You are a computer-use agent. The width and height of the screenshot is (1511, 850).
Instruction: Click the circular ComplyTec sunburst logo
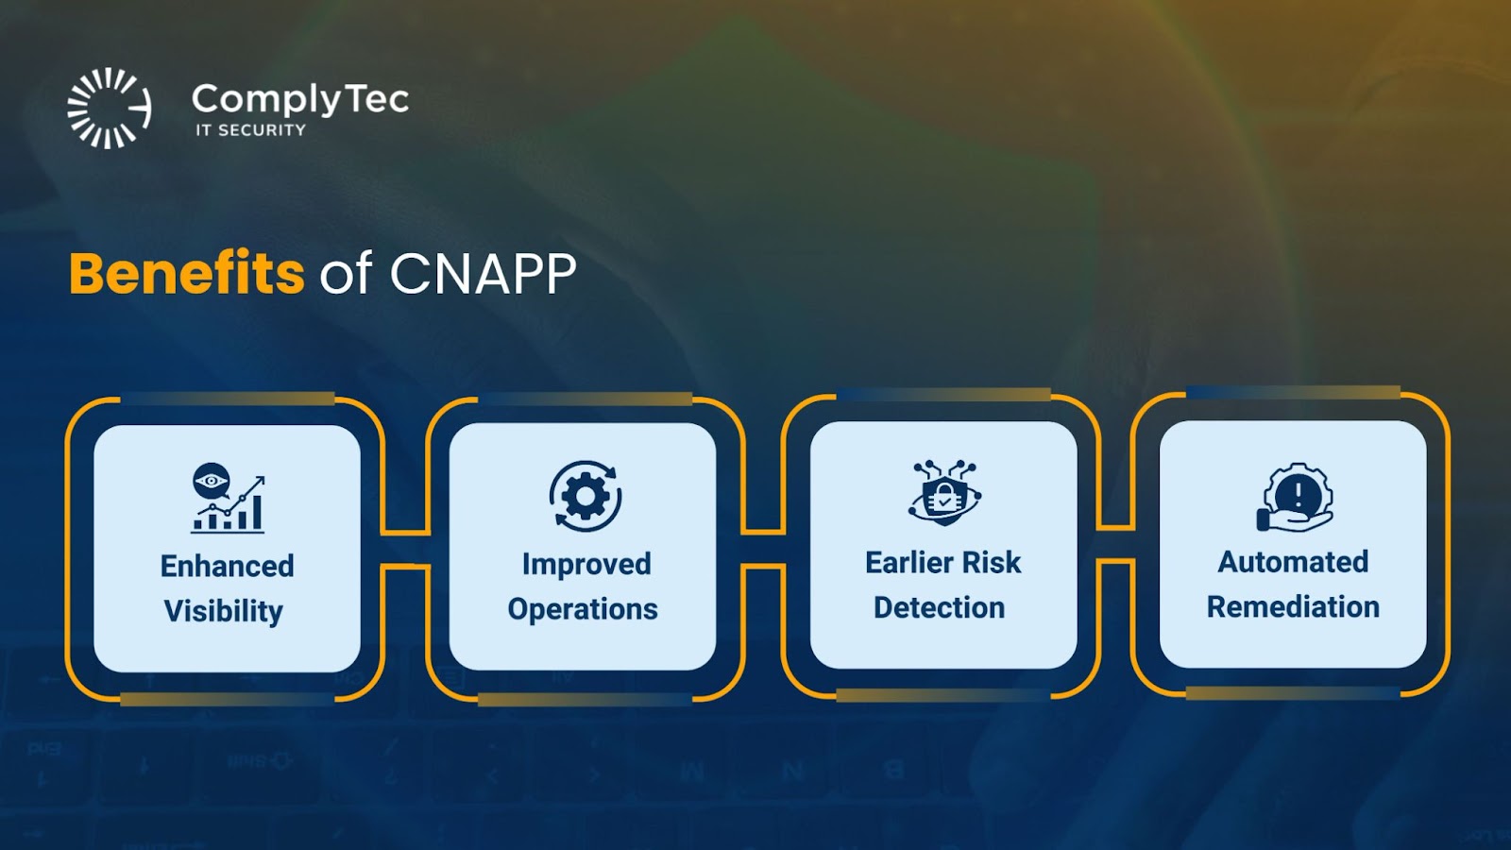tap(110, 108)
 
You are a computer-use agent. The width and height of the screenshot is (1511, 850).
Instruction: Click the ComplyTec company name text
tap(300, 100)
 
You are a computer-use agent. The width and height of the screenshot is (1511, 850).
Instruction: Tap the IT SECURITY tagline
tap(251, 130)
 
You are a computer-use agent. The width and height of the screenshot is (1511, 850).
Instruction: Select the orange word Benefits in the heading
tap(187, 273)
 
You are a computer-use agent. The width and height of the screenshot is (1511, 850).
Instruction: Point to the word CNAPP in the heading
tap(483, 273)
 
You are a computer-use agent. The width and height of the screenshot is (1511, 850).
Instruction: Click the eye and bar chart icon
tap(228, 498)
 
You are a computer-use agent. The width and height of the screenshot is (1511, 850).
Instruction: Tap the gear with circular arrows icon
tap(586, 497)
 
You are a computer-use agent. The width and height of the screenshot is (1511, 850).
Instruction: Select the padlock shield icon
tap(943, 493)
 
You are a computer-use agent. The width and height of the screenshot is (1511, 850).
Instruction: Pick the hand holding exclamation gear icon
tap(1295, 497)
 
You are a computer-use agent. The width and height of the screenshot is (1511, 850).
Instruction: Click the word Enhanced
tap(228, 566)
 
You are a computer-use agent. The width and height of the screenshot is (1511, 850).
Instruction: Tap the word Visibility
tap(224, 611)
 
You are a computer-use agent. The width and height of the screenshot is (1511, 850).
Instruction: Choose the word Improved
tap(586, 565)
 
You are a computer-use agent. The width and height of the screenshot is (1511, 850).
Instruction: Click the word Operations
tap(583, 609)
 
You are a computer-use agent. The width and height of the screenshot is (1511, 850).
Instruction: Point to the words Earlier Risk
tap(943, 563)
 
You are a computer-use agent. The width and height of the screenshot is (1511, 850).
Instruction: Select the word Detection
tap(939, 607)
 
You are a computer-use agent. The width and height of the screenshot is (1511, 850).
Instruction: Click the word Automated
tap(1293, 562)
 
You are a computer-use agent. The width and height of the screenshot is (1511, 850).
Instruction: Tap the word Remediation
tap(1293, 606)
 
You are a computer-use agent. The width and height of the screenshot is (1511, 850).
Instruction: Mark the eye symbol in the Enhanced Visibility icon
tap(212, 481)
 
